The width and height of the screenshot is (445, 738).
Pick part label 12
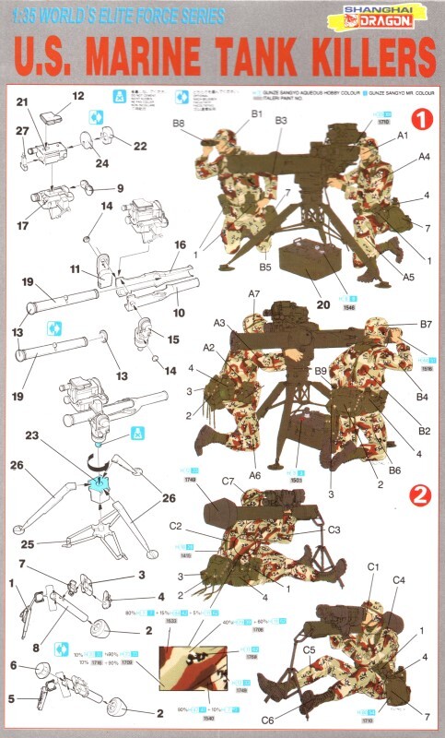pos(77,96)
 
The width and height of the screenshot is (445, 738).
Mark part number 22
pos(139,146)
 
